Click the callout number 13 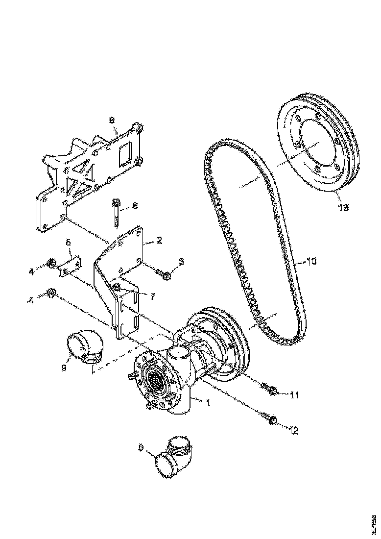point(343,208)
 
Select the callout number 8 point(112,120)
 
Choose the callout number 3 point(181,262)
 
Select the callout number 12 point(293,431)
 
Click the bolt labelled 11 point(269,389)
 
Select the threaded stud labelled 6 point(117,214)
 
